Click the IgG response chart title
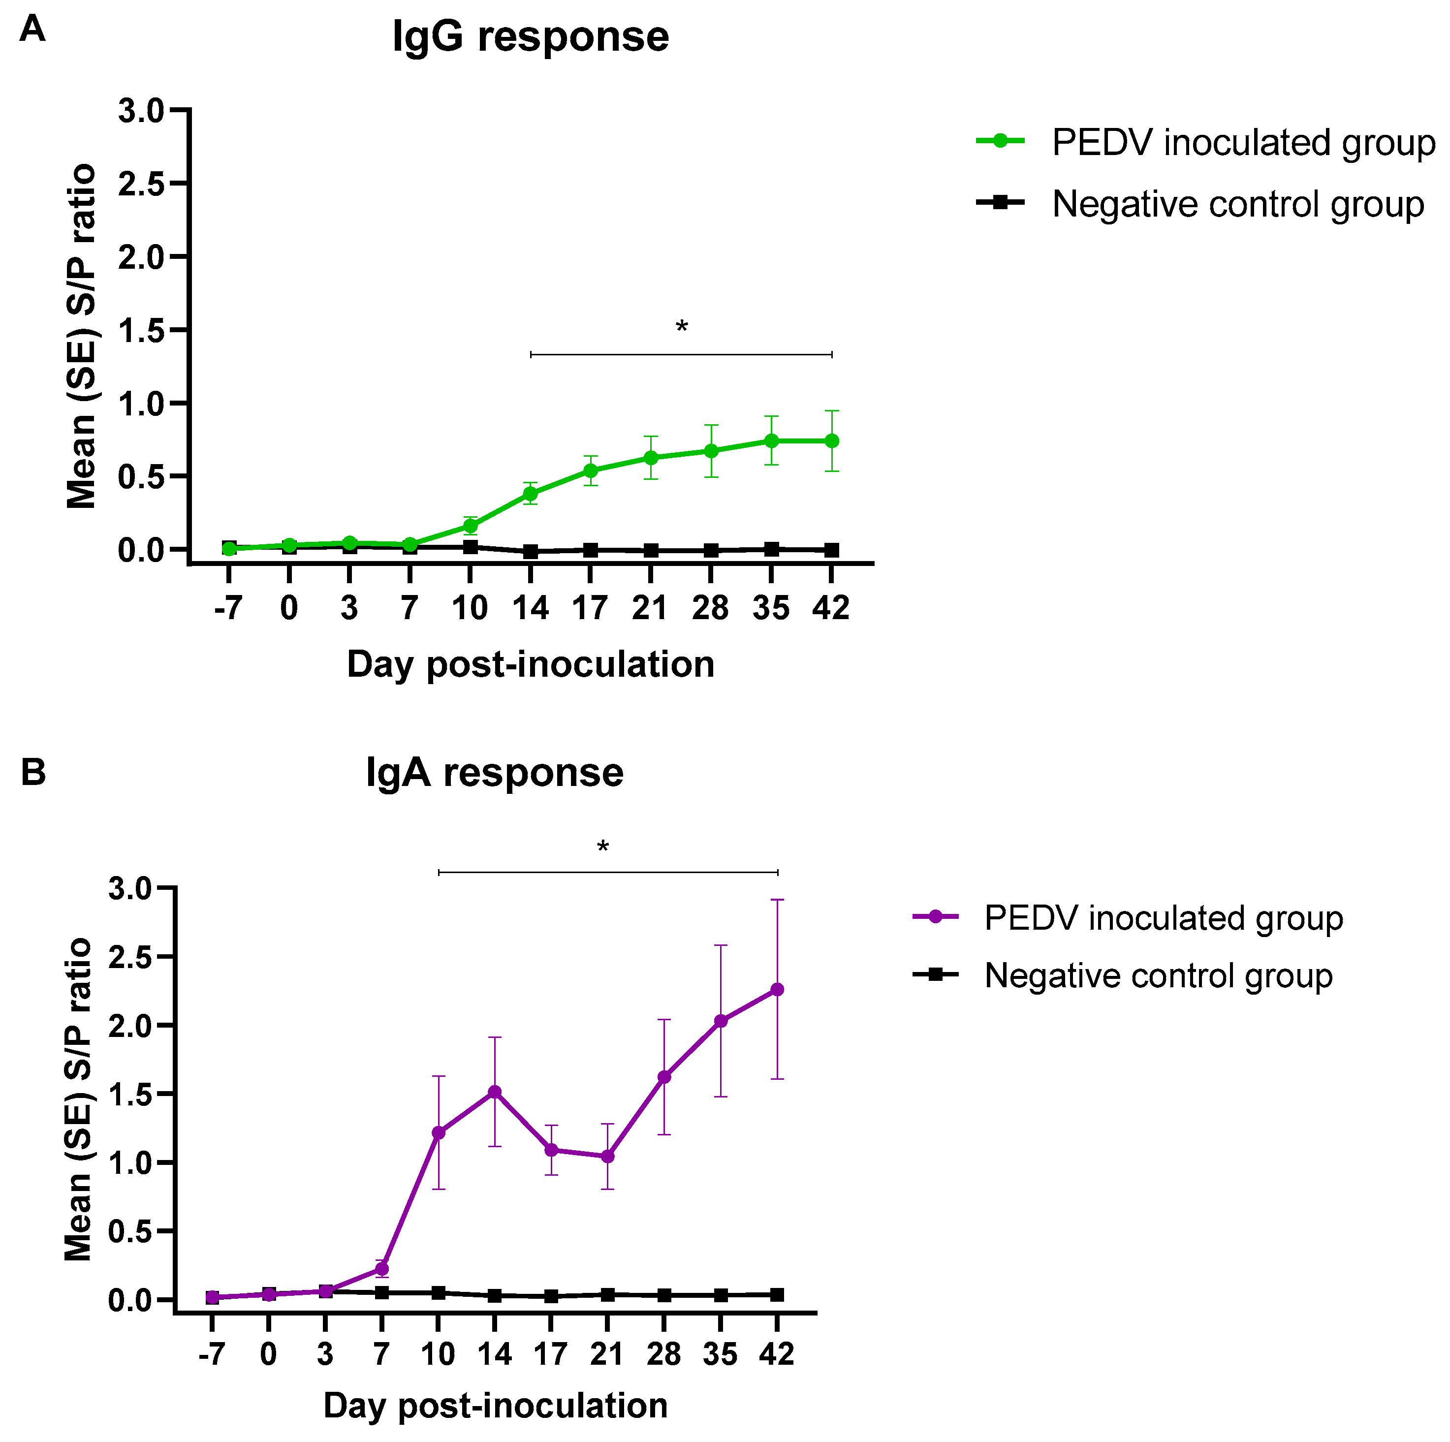click(530, 37)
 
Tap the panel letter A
click(32, 30)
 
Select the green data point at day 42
click(832, 441)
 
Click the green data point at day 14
click(531, 494)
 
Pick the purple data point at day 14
click(495, 1092)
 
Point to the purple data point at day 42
click(778, 990)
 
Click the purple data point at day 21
click(608, 1156)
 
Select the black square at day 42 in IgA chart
click(778, 1295)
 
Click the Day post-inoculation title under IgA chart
click(495, 1405)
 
